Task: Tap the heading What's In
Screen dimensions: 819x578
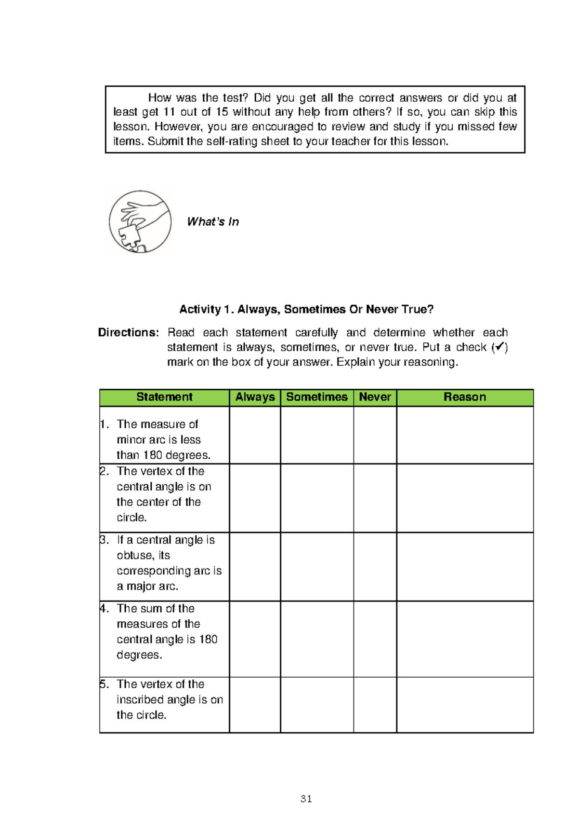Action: click(x=213, y=221)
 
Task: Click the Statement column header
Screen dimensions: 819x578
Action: click(x=164, y=397)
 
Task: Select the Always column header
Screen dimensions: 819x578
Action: click(x=255, y=397)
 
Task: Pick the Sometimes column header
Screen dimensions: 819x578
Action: click(x=317, y=397)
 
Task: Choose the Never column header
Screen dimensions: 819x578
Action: click(x=375, y=397)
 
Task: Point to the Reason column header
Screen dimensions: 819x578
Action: click(x=465, y=397)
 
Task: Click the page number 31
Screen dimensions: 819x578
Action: click(x=306, y=799)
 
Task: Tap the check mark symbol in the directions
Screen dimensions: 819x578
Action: click(x=500, y=347)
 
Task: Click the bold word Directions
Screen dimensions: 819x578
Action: click(x=128, y=332)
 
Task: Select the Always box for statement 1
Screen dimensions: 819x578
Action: click(x=255, y=435)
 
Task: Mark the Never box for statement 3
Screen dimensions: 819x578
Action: click(x=375, y=567)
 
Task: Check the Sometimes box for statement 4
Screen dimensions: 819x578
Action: click(x=317, y=639)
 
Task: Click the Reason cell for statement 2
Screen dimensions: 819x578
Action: click(x=465, y=498)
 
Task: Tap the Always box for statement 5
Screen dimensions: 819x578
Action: click(x=255, y=705)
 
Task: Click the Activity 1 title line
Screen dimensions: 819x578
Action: click(x=306, y=309)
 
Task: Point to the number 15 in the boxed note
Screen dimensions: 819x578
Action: click(x=222, y=112)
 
